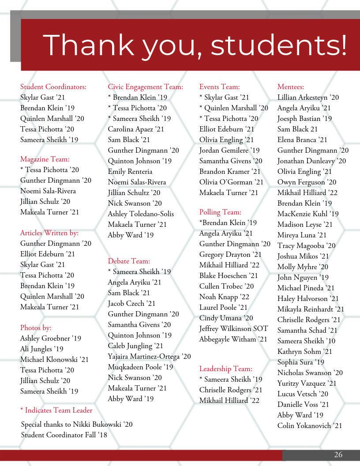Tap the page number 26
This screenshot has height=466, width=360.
click(x=338, y=455)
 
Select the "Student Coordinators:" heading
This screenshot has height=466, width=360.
click(x=53, y=87)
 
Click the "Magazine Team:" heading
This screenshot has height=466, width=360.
click(x=45, y=159)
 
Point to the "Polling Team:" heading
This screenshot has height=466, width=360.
click(x=220, y=212)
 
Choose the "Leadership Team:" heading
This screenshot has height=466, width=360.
click(x=226, y=369)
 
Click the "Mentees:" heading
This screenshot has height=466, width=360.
click(x=291, y=87)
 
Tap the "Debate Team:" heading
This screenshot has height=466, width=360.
click(x=129, y=261)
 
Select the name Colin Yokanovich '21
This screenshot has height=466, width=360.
click(x=310, y=426)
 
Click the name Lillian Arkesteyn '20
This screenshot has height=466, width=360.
click(x=308, y=98)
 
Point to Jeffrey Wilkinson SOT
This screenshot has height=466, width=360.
click(x=233, y=329)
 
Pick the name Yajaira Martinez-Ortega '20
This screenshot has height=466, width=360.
click(x=149, y=357)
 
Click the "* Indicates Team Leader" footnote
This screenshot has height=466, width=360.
click(x=56, y=410)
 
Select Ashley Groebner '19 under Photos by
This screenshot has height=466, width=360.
click(x=51, y=338)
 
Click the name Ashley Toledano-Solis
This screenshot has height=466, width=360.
click(x=141, y=214)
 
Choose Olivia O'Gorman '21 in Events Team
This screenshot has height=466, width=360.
click(x=231, y=182)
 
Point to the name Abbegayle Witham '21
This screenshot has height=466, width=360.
click(x=233, y=339)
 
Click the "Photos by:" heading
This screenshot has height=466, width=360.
click(x=36, y=328)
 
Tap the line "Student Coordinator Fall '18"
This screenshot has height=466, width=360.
click(x=64, y=435)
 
